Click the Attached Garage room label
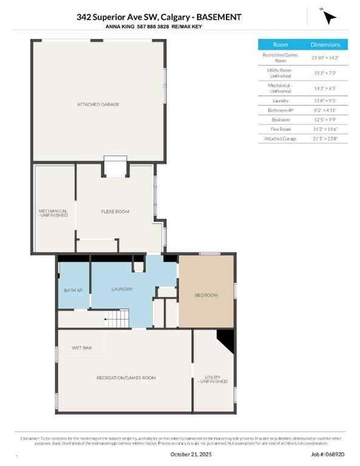click(98, 104)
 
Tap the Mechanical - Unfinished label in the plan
click(53, 214)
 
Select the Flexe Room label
click(115, 211)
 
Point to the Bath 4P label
click(73, 290)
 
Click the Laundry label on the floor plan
click(121, 289)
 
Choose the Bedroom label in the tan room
click(206, 295)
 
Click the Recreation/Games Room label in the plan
click(126, 377)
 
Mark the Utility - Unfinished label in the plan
click(216, 379)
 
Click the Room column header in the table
click(280, 44)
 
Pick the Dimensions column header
click(325, 44)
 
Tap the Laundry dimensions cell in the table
click(325, 100)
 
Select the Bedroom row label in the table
click(280, 120)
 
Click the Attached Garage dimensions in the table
click(325, 139)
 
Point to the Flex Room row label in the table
click(280, 129)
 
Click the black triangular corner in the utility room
click(227, 340)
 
